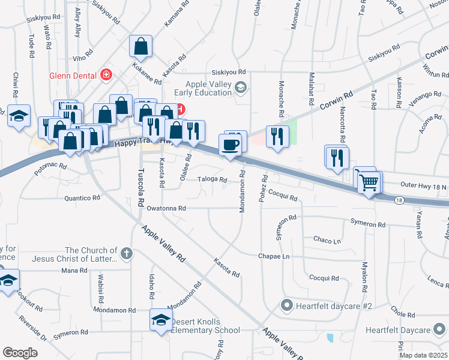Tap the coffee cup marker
tap(231, 145)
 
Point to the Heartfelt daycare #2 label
tap(334, 306)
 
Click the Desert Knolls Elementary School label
tap(206, 326)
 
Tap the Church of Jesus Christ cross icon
tap(126, 253)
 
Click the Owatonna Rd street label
tap(166, 208)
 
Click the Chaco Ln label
tap(327, 240)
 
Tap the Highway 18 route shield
tap(399, 200)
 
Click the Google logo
tap(20, 352)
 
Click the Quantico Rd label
tap(82, 197)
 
